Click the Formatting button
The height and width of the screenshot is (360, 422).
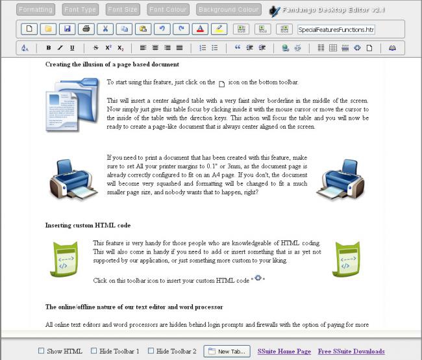(36, 10)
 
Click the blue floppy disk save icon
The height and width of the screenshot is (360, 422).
(67, 29)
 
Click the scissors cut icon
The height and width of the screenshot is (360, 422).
(105, 29)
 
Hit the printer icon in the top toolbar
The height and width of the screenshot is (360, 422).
(86, 29)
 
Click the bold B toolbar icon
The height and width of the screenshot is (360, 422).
(49, 47)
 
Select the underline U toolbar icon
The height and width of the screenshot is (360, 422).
(72, 47)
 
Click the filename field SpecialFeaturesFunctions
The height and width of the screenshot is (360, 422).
(336, 29)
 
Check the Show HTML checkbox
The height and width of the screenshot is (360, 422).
(42, 351)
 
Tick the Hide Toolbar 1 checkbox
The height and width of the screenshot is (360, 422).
(94, 351)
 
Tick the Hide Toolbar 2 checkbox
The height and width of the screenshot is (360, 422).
(151, 351)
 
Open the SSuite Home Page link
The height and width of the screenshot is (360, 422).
(284, 352)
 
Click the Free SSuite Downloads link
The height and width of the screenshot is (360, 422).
(351, 352)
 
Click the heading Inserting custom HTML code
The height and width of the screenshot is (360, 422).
(88, 225)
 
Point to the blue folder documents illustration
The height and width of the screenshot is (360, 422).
(72, 104)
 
